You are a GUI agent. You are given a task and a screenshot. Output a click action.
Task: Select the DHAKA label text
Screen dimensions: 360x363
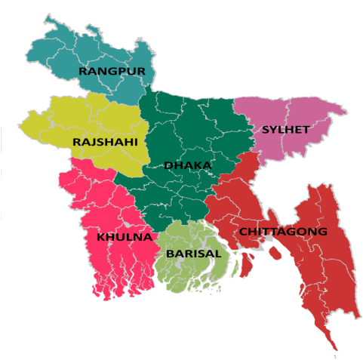coord(188,165)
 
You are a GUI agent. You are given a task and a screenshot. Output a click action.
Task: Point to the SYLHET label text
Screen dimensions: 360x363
coord(285,129)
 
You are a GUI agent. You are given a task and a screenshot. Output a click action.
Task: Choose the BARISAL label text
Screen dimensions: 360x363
coord(194,254)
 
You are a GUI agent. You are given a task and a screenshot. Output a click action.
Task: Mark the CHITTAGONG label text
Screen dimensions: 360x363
coord(283,232)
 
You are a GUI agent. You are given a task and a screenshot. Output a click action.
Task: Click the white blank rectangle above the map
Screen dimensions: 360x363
coord(256,32)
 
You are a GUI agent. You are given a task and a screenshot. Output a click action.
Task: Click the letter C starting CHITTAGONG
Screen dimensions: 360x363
coord(244,232)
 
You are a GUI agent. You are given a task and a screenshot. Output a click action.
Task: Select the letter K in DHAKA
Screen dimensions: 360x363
coord(198,165)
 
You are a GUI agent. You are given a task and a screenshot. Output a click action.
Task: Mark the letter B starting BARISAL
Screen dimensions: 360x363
coord(171,254)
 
